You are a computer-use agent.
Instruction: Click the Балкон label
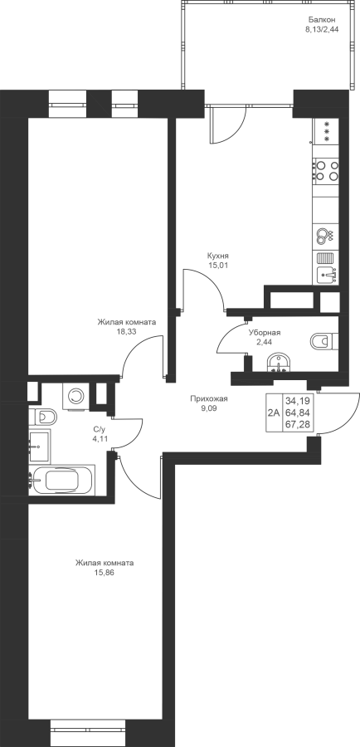pyautogui.click(x=322, y=20)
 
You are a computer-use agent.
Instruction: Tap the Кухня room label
pyautogui.click(x=218, y=255)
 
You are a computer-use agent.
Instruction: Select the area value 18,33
pyautogui.click(x=126, y=332)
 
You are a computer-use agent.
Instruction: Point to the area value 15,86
pyautogui.click(x=105, y=573)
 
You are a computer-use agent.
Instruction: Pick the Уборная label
pyautogui.click(x=265, y=333)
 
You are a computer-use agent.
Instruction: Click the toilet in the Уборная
pyautogui.click(x=324, y=341)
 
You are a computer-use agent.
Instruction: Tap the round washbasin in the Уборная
pyautogui.click(x=278, y=363)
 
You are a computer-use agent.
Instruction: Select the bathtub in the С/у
pyautogui.click(x=62, y=480)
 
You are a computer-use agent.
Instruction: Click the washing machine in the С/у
pyautogui.click(x=75, y=395)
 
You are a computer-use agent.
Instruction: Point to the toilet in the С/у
pyautogui.click(x=43, y=417)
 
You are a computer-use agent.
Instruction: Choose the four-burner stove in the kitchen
pyautogui.click(x=326, y=170)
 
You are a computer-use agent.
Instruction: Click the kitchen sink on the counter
pyautogui.click(x=326, y=275)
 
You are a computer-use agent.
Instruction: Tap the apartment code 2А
pyautogui.click(x=274, y=413)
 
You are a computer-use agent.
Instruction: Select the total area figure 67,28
pyautogui.click(x=297, y=423)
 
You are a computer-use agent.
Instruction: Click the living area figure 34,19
pyautogui.click(x=297, y=402)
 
